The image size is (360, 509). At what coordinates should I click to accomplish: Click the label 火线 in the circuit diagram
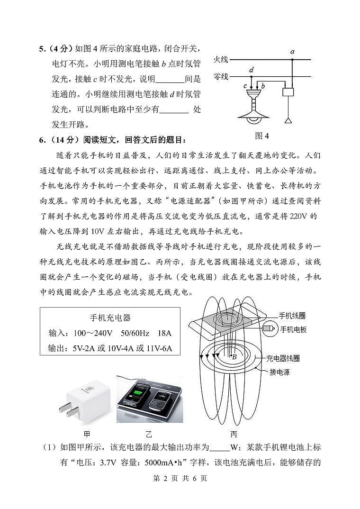tap(221, 60)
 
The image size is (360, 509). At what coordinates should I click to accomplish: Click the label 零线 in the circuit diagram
tap(221, 76)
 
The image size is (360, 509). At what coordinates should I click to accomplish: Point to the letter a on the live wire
tap(292, 51)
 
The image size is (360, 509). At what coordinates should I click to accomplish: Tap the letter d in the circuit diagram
tap(252, 70)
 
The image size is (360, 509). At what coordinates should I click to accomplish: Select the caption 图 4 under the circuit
tap(262, 136)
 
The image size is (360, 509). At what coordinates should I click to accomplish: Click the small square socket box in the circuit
tap(288, 92)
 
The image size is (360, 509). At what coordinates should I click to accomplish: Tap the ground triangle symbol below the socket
tap(288, 120)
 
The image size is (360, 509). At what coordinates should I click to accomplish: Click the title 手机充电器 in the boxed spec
tap(110, 318)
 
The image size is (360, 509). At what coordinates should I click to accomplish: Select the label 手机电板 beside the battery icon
tap(293, 329)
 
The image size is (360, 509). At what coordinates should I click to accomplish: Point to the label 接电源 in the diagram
tap(279, 372)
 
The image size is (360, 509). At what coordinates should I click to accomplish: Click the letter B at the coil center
tap(234, 357)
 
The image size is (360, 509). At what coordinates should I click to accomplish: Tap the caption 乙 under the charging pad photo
tap(150, 434)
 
